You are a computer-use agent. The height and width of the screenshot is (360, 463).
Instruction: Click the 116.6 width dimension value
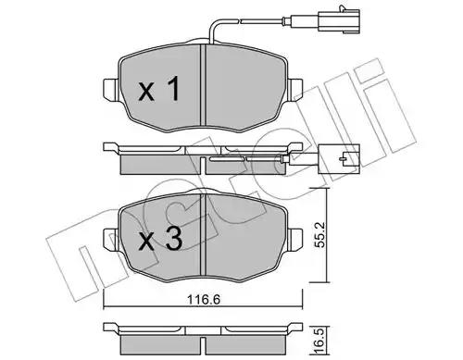204,299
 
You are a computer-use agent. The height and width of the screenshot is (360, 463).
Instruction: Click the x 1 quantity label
159,89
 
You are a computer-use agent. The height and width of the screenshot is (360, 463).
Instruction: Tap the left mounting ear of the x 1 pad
110,90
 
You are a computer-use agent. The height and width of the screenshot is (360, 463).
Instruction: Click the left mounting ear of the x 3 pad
111,240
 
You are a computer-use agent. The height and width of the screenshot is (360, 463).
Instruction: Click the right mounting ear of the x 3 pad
295,240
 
